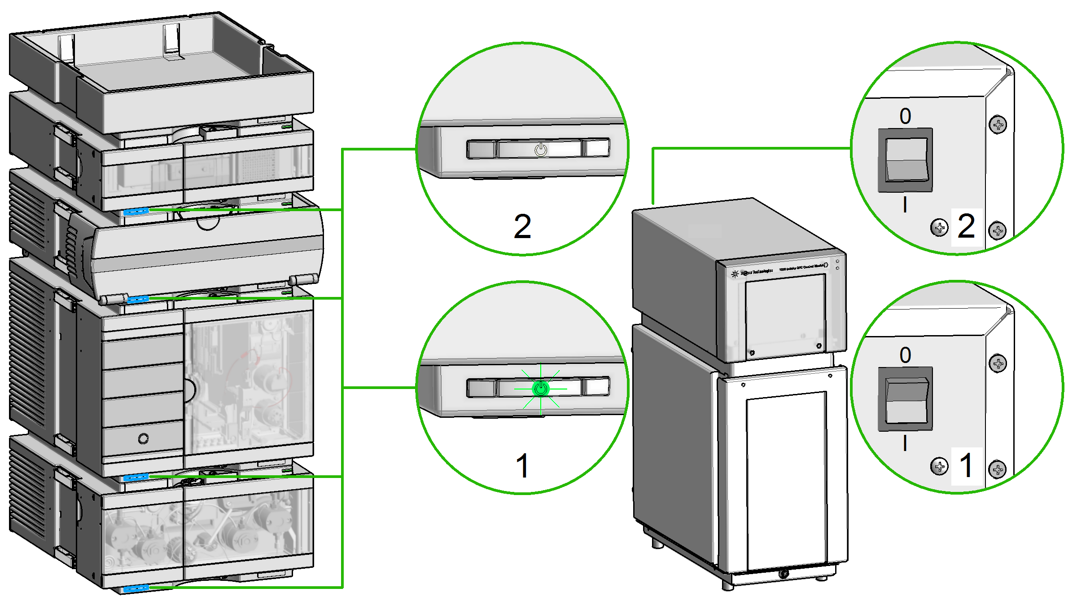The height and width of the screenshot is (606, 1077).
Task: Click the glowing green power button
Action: (540, 389)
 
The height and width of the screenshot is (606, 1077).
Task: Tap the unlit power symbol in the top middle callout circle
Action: (541, 150)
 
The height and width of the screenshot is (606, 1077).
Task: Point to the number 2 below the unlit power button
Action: (522, 226)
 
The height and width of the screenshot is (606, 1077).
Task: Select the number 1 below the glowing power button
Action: (522, 465)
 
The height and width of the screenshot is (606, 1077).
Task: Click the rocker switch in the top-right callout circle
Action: (906, 160)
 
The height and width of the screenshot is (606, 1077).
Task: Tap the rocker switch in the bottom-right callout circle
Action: (906, 399)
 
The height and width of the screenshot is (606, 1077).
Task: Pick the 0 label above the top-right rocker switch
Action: (906, 116)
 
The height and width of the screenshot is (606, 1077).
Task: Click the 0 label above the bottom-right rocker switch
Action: (906, 355)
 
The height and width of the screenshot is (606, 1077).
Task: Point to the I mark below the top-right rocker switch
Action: (905, 205)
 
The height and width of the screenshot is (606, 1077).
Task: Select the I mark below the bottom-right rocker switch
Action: (905, 444)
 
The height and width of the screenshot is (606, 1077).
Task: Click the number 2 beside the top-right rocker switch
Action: (966, 226)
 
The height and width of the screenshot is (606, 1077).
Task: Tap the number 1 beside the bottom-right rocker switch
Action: (966, 465)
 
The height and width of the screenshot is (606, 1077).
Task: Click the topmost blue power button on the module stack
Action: (136, 211)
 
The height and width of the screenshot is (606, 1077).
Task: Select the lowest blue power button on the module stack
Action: (136, 588)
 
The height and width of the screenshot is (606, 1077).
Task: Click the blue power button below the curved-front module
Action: (138, 299)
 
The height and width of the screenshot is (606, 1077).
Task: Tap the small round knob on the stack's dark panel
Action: (144, 438)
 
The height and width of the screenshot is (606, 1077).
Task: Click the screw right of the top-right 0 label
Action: (998, 124)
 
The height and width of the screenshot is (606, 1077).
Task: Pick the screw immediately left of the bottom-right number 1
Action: (939, 466)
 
